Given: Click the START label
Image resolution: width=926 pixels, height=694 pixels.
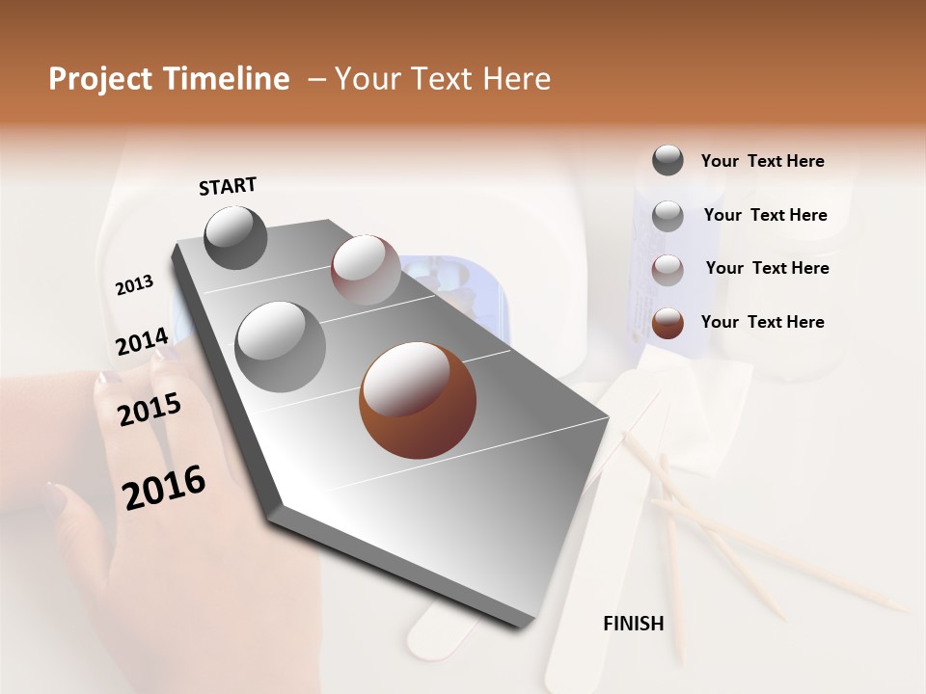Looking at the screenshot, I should pos(228,186).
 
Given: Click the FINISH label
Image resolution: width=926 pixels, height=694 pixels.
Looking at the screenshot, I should pos(633,624).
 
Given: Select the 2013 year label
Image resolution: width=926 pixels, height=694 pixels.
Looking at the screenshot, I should pos(134,285).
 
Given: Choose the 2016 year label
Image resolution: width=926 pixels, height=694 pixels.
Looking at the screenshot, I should pos(164,488).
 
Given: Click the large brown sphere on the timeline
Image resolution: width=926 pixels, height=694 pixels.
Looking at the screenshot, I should pos(418,400).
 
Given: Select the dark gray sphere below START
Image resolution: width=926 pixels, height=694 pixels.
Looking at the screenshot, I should pos(235,237).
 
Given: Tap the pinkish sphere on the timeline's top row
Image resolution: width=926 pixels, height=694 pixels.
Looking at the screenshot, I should pos(366,270).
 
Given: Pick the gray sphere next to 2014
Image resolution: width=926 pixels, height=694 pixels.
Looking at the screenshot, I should pos(281,346).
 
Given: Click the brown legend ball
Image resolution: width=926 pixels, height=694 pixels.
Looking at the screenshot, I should pos(667,323).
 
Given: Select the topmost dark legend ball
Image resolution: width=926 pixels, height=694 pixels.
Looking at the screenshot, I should pos(667,160).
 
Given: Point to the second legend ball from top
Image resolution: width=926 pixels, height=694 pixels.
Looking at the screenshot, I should pos(667,216).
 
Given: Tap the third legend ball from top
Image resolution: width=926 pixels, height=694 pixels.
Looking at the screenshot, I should pos(667,270).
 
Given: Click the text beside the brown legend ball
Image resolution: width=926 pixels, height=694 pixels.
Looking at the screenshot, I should pos(762,322).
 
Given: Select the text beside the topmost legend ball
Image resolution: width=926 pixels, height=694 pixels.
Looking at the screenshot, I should pos(762,161).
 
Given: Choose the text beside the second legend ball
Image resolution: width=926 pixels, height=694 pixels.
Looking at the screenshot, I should pos(765,215).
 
